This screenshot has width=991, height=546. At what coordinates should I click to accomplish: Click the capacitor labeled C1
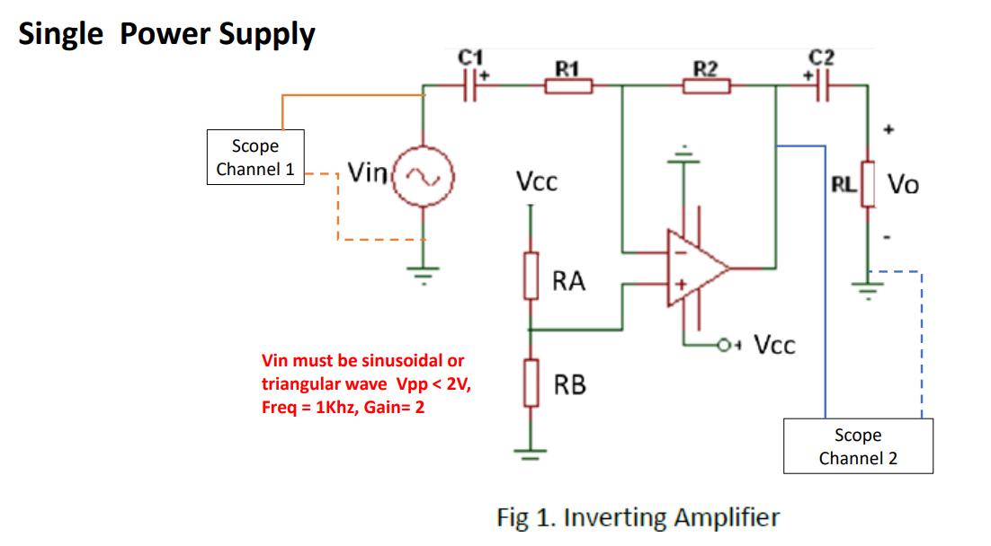pos(469,86)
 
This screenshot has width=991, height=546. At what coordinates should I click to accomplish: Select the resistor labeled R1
pos(567,86)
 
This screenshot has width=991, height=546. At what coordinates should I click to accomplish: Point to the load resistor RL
pos(867,184)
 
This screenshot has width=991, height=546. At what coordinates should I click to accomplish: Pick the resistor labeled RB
pos(531,383)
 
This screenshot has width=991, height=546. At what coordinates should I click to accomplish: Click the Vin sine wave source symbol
pos(423,178)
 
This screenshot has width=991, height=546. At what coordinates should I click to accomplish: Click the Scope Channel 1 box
pos(255,157)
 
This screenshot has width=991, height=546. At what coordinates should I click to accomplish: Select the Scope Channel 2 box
pos(858,446)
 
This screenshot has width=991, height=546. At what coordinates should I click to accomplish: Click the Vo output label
pos(904,185)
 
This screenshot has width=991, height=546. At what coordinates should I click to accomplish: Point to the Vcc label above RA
pos(537,183)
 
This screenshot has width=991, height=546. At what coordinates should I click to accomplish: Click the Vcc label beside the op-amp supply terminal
pos(774,345)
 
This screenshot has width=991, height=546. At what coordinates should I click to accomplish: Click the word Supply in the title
pos(267,34)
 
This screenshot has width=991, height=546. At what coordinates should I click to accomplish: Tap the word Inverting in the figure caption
pos(612,518)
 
